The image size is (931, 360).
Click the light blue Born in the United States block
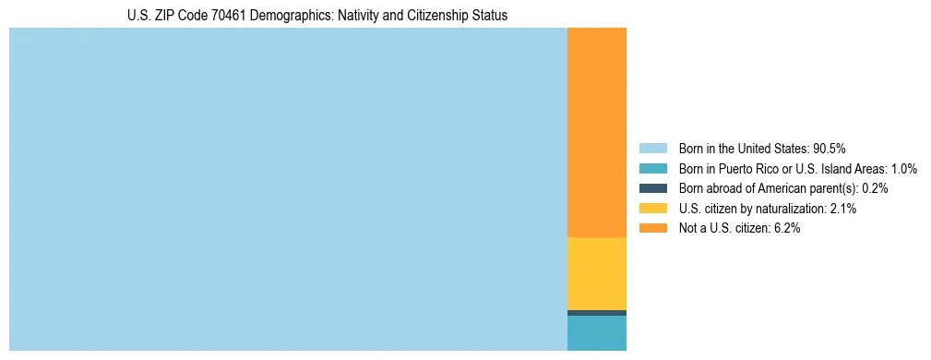click(x=288, y=189)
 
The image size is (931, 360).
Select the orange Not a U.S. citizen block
click(x=596, y=133)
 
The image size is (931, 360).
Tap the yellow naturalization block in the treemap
click(x=596, y=273)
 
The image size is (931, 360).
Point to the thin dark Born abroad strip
click(x=596, y=313)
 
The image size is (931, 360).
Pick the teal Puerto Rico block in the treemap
click(x=596, y=333)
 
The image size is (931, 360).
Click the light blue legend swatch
click(x=652, y=149)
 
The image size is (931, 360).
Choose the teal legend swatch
click(x=652, y=169)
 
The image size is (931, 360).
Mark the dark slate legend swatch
click(x=652, y=188)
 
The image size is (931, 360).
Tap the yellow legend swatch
click(x=652, y=209)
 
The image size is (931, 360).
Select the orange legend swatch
click(x=652, y=228)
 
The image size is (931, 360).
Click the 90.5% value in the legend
click(x=830, y=149)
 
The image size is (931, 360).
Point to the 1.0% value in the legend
click(x=903, y=169)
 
